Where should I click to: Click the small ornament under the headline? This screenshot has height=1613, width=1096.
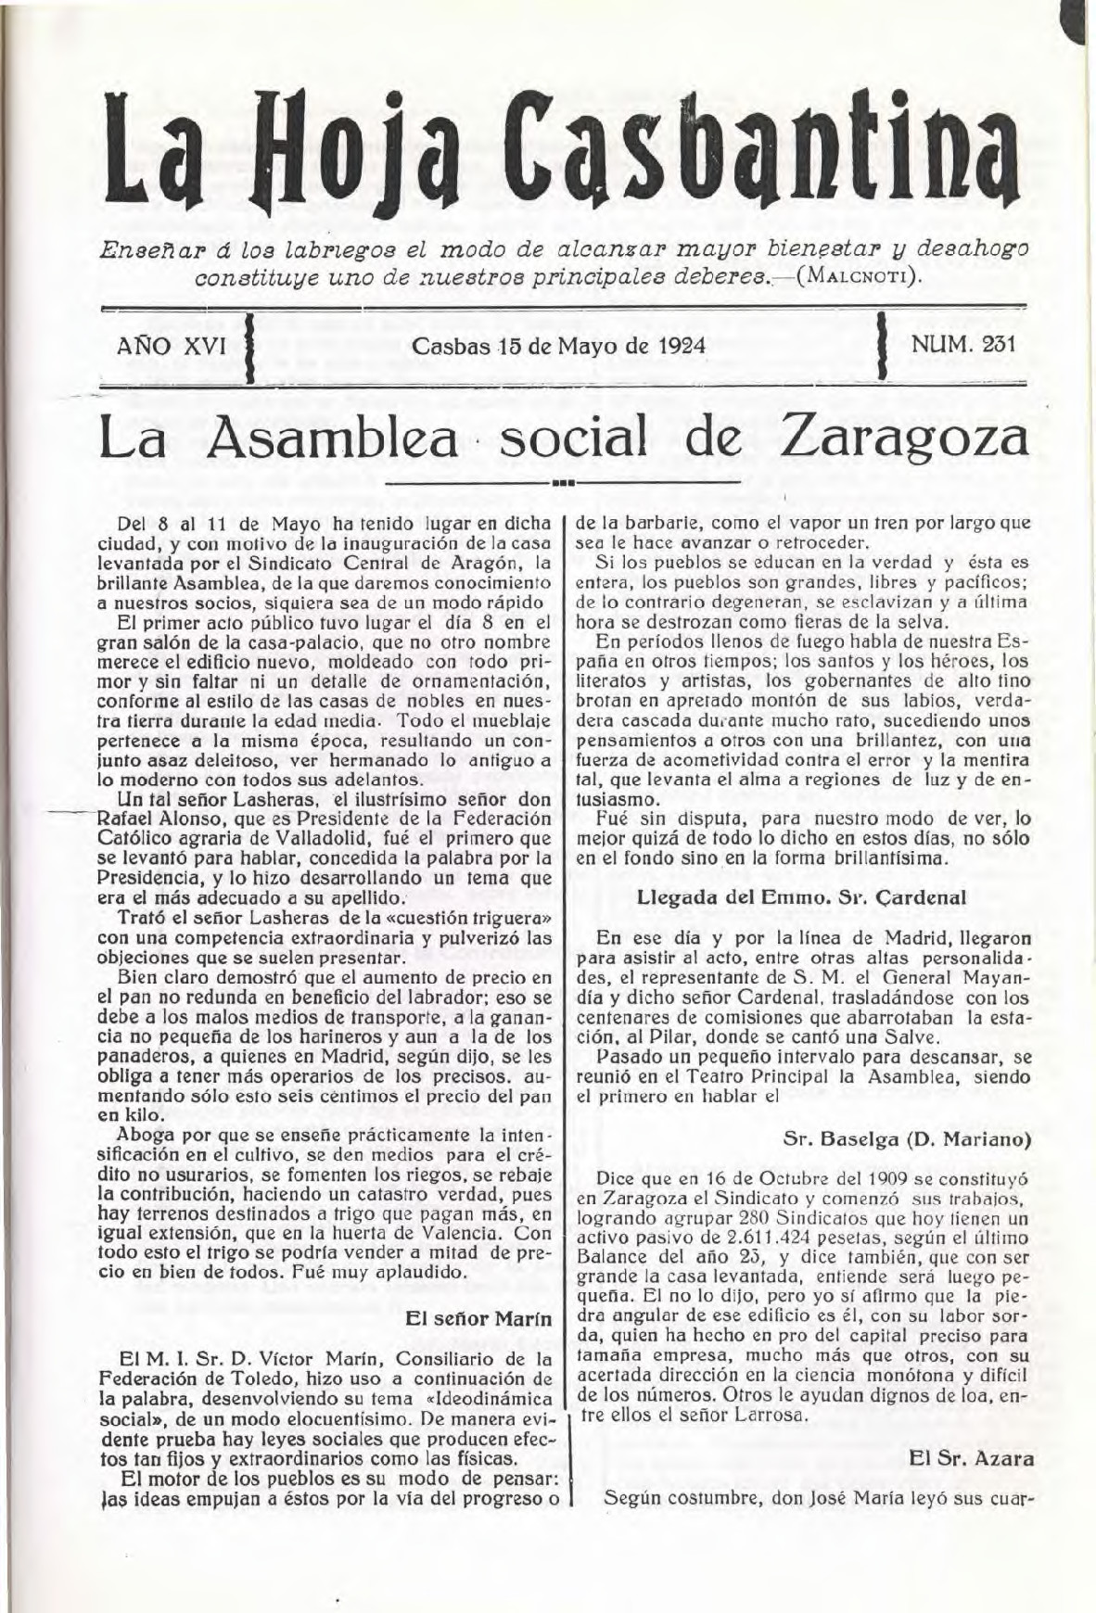(563, 483)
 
